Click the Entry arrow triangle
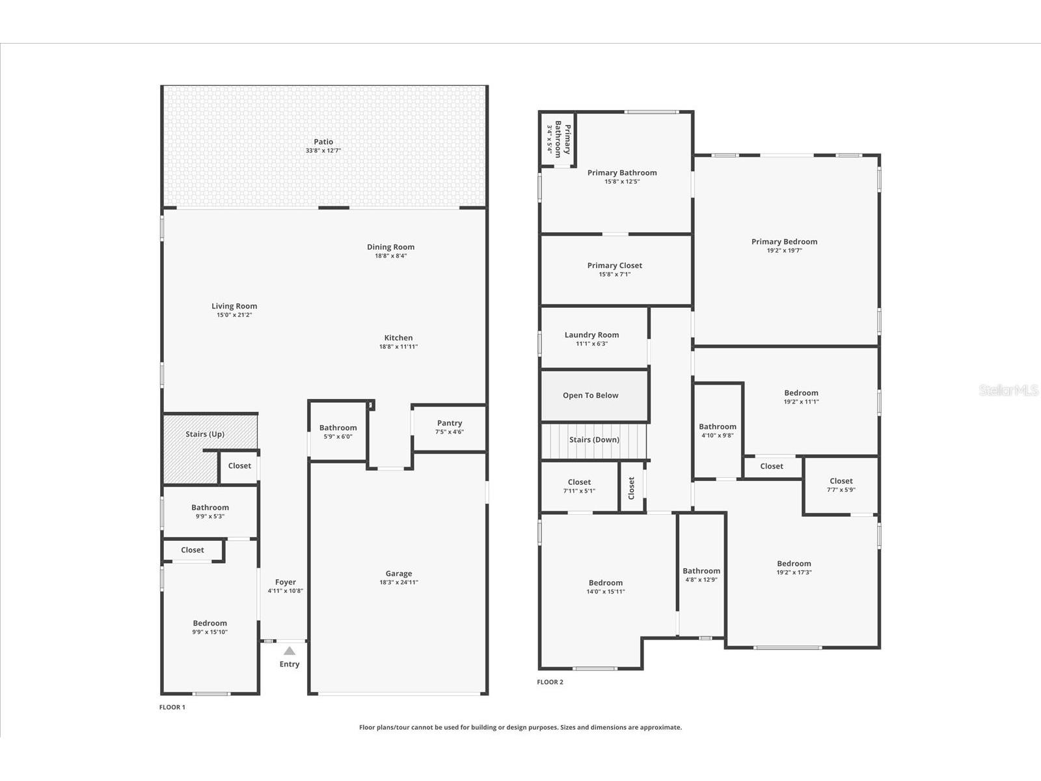point(290,651)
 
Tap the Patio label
point(323,142)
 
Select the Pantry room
point(450,428)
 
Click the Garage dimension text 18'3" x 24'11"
point(399,582)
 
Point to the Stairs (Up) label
point(205,434)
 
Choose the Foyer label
point(286,582)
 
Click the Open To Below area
point(591,395)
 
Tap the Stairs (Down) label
point(594,440)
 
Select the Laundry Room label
point(591,335)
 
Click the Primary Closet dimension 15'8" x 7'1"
point(615,275)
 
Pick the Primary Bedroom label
point(784,241)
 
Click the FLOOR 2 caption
point(550,682)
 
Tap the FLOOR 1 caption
point(172,707)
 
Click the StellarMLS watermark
point(1008,390)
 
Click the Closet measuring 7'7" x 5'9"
point(841,486)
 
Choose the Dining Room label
point(390,247)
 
